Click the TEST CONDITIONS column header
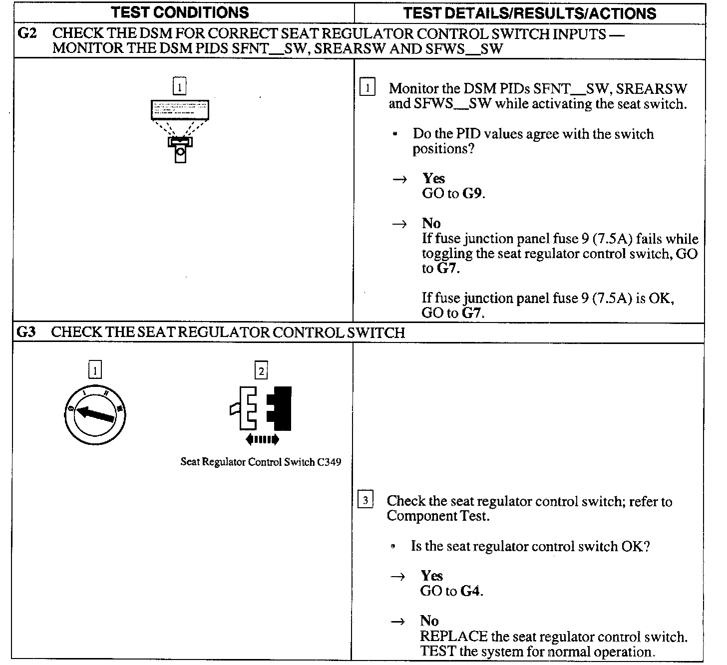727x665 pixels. point(180,12)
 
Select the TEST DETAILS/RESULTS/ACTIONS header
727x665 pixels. point(529,13)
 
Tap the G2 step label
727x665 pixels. point(27,34)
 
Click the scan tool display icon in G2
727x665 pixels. point(180,110)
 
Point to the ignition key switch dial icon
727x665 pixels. point(95,414)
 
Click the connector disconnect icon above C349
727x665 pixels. point(261,408)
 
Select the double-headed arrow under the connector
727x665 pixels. point(262,439)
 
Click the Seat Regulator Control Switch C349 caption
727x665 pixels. point(261,462)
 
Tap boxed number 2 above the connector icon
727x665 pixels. point(261,370)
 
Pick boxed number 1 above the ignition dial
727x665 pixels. point(95,370)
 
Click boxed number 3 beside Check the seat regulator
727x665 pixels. point(366,500)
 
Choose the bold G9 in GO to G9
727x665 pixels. point(472,194)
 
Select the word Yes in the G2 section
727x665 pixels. point(433,178)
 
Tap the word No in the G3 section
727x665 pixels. point(429,621)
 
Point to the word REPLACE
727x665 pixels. point(453,637)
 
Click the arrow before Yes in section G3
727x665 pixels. point(398,577)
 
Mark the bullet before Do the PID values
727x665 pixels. point(395,134)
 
